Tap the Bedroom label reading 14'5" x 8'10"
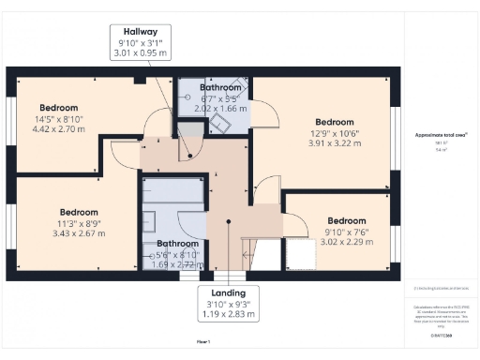click(59, 118)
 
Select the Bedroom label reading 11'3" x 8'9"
click(79, 221)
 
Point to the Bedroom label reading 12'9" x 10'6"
click(335, 131)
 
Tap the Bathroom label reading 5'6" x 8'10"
click(176, 253)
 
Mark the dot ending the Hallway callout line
click(189, 156)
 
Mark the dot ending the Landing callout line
click(229, 222)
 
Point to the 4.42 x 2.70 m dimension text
click(59, 128)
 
